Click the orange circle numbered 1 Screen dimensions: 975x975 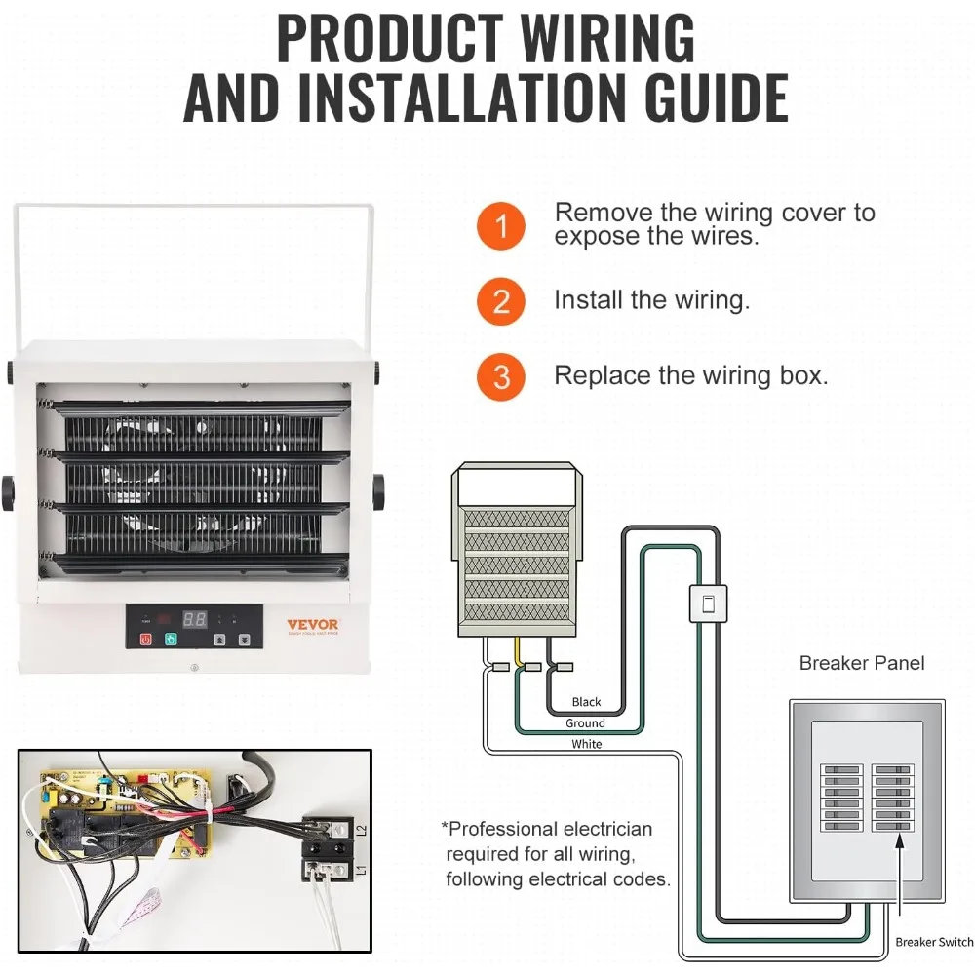coord(501,227)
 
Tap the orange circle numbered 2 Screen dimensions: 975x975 coord(501,301)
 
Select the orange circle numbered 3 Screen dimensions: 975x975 coord(501,377)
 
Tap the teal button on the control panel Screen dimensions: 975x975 coord(172,641)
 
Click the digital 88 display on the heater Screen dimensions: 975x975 coord(195,619)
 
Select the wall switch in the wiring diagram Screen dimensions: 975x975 coord(709,604)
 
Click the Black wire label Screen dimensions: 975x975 coord(586,702)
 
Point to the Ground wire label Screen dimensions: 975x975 coord(585,723)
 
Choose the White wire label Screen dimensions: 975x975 coord(586,744)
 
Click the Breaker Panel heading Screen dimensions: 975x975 coord(861,664)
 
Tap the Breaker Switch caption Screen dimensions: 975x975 coord(934,942)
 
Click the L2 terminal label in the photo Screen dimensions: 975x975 coord(361,831)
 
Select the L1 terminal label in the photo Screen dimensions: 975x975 coord(361,869)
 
